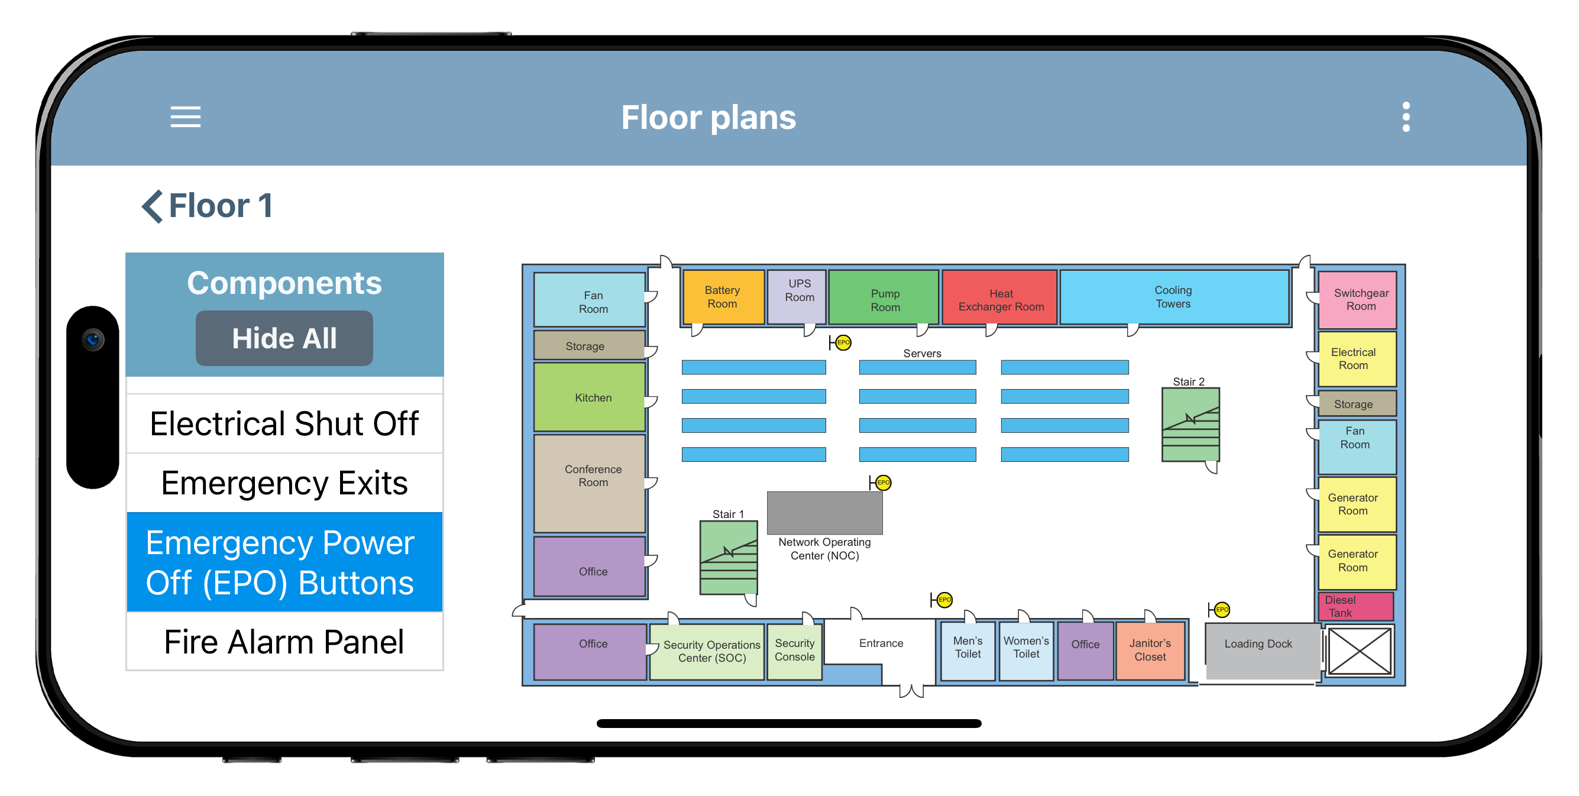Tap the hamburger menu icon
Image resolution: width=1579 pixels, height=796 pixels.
tap(185, 117)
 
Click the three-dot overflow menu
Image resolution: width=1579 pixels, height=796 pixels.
tap(1406, 117)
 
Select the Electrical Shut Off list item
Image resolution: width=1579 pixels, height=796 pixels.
tap(284, 423)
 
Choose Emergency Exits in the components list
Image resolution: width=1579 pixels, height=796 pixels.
tap(284, 483)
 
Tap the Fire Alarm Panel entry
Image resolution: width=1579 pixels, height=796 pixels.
tap(284, 642)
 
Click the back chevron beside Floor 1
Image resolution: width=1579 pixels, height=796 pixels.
tap(152, 206)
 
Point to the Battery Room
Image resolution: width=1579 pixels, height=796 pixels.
tap(723, 297)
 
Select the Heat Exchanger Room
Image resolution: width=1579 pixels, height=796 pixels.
tap(1000, 297)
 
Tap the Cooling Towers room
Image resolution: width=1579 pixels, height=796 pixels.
tap(1174, 297)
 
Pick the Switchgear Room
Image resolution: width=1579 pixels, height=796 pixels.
tap(1357, 300)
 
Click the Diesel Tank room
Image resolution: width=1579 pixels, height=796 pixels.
tap(1356, 606)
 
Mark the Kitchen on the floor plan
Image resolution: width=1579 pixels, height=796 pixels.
tap(590, 397)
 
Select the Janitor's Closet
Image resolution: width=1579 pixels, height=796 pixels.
tap(1150, 650)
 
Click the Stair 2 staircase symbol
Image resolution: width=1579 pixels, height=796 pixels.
tap(1190, 424)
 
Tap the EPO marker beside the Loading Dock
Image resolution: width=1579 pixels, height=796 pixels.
tap(1222, 609)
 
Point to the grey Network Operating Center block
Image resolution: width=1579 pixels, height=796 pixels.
tap(824, 512)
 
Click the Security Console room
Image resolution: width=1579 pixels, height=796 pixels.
tap(794, 651)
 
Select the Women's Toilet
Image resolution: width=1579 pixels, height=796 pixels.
tap(1026, 651)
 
